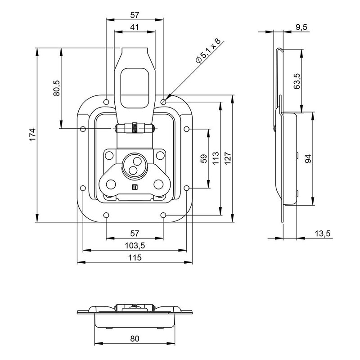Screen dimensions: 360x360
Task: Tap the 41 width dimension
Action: pos(135,27)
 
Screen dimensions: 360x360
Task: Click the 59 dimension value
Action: pos(203,159)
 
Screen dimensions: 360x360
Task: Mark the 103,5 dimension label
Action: pos(135,246)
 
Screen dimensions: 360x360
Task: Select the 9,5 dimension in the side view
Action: pos(301,27)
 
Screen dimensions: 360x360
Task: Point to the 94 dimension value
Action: pos(307,159)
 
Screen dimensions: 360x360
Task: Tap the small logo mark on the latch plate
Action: pos(134,189)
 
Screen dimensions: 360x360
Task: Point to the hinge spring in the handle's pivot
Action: pos(135,128)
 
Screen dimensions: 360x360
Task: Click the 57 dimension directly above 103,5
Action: pos(135,233)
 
